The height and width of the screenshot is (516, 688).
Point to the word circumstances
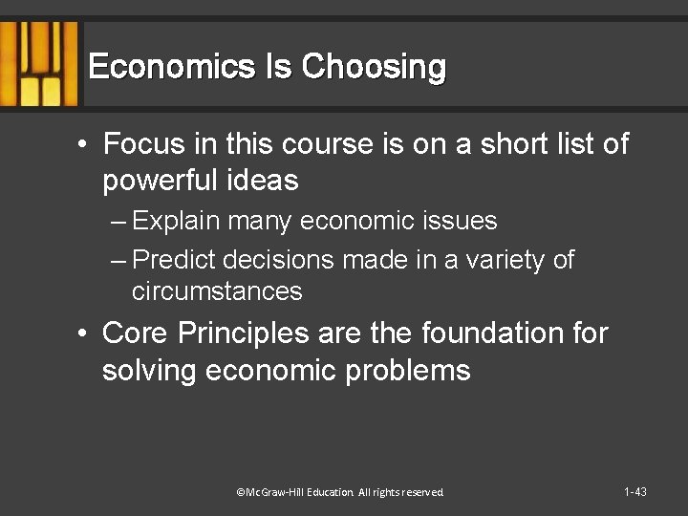[217, 290]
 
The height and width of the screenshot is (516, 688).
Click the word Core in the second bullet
[136, 333]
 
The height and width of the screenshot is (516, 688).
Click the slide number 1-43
[635, 492]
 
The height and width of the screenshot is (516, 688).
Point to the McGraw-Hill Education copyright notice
[340, 492]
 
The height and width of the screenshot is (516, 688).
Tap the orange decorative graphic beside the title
[39, 63]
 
